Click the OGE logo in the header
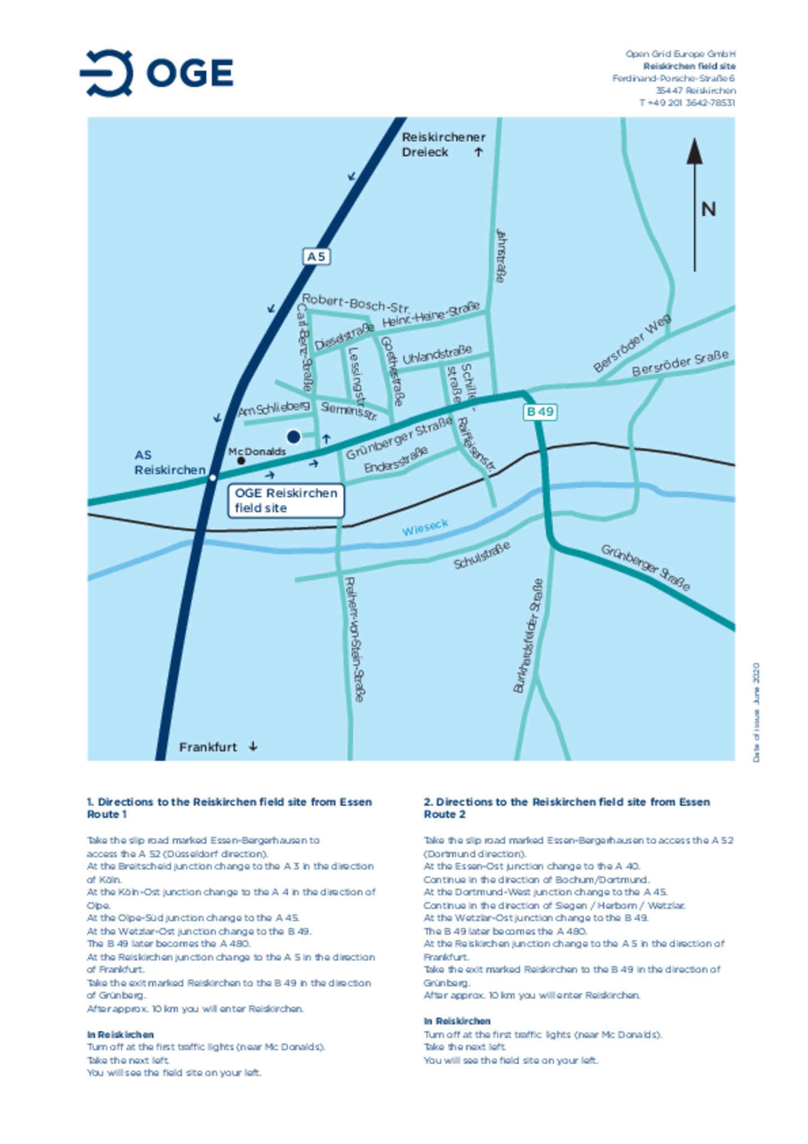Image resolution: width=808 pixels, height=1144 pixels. (157, 72)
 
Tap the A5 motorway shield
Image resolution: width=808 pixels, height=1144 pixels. (316, 257)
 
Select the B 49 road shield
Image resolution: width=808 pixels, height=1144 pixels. (540, 411)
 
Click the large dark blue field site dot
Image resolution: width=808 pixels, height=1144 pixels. (293, 436)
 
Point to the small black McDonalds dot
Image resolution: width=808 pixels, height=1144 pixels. (241, 460)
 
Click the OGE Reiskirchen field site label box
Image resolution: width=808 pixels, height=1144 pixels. (286, 500)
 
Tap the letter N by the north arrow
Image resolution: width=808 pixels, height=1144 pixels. (708, 209)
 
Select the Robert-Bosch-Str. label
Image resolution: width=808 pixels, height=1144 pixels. (355, 303)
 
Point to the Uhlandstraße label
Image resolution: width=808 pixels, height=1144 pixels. (437, 354)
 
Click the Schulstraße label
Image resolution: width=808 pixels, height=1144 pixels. (481, 555)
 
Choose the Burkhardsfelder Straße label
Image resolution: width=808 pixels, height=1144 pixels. (527, 636)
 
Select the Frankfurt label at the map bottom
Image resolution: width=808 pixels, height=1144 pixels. (208, 747)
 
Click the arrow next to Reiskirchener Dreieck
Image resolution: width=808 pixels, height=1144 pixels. (478, 152)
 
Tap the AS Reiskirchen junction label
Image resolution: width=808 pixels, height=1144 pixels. (169, 462)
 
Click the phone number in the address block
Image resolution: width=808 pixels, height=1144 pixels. (687, 103)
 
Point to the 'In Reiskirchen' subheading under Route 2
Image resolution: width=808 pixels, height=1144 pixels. (457, 1021)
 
